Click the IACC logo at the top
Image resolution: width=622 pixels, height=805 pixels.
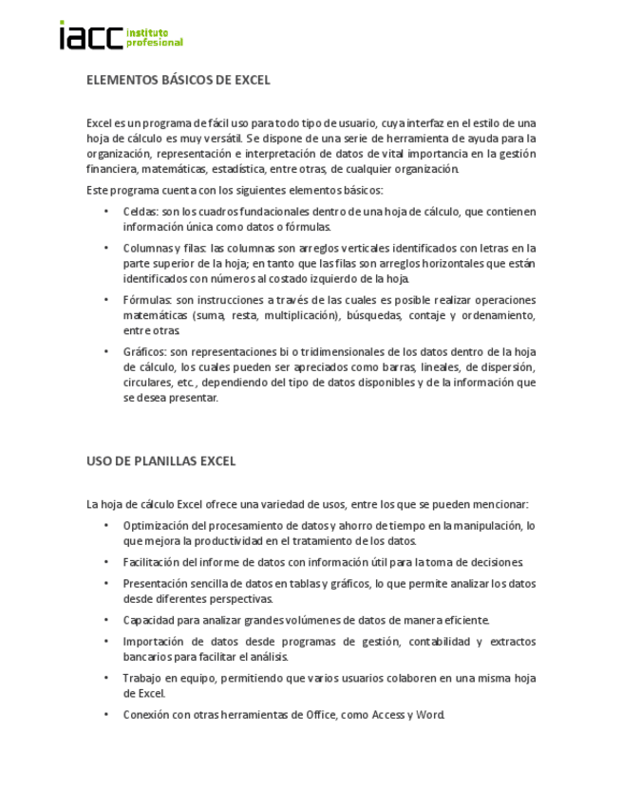pos(120,36)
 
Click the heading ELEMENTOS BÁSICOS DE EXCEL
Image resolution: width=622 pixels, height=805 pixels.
pos(178,80)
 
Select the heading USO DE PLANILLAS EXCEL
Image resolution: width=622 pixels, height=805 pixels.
pos(160,461)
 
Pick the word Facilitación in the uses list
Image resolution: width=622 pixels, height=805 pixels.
pos(153,563)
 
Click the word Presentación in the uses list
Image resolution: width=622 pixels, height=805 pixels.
pos(156,584)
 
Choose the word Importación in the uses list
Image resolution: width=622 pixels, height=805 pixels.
pos(154,642)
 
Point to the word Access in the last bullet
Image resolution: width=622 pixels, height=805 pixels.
pos(387,715)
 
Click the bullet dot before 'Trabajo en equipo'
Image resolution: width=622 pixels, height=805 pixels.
pos(106,678)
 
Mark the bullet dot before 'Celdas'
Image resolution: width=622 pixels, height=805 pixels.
pos(106,212)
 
